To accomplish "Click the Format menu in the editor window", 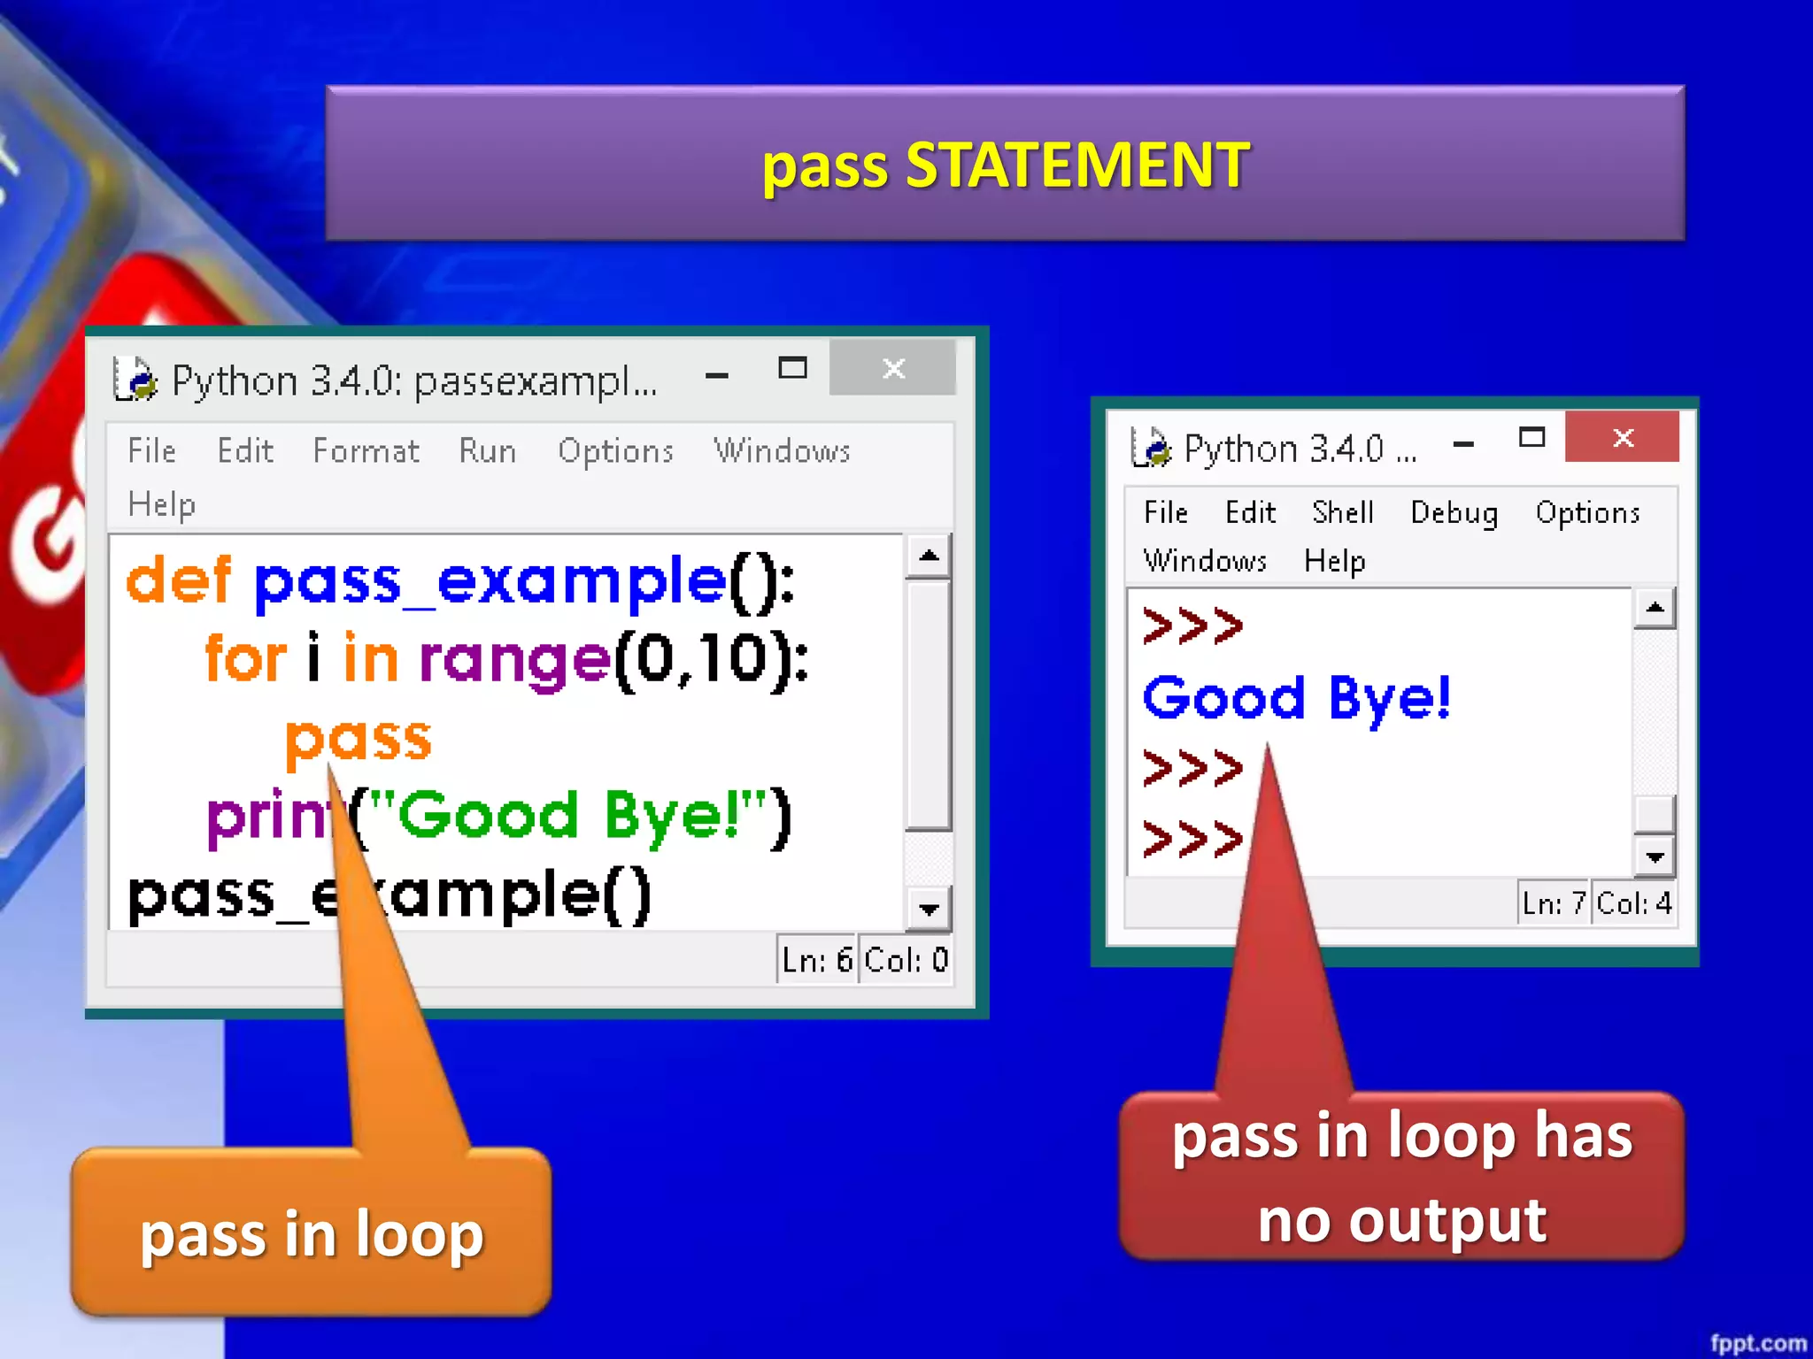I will tap(366, 451).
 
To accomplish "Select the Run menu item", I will tap(487, 451).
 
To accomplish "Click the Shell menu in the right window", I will tap(1342, 512).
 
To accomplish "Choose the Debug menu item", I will tap(1454, 513).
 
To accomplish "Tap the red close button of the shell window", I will tap(1622, 437).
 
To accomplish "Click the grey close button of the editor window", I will tap(893, 368).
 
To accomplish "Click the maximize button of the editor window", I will tap(792, 368).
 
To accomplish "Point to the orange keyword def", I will tap(179, 581).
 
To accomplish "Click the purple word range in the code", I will tap(515, 659).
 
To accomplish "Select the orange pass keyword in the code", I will tap(358, 739).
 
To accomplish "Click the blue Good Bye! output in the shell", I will tap(1296, 697).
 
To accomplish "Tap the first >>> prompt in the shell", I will tap(1192, 626).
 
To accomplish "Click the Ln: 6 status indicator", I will tap(816, 960).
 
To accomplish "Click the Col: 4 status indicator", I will tap(1633, 903).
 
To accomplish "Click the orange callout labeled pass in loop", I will tap(312, 1232).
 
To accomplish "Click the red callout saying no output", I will tap(1402, 1177).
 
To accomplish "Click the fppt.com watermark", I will tap(1757, 1342).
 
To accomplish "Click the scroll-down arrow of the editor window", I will tap(929, 909).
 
